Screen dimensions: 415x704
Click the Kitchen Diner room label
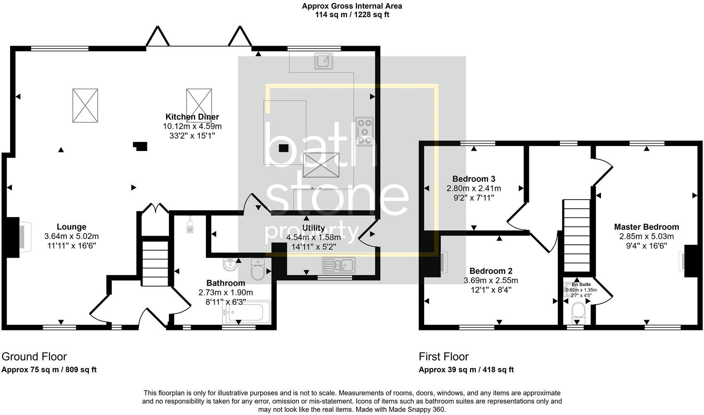[192, 117]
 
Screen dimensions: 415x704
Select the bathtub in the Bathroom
[247, 312]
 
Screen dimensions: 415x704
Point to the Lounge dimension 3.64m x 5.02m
[71, 237]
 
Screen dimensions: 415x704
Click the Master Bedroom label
[646, 227]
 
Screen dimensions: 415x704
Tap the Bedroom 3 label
[474, 179]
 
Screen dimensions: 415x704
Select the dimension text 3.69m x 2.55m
[491, 281]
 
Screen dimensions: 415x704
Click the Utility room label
[313, 228]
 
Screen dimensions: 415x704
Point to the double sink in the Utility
[338, 264]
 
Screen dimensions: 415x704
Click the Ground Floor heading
[34, 356]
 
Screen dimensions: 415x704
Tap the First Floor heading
[443, 356]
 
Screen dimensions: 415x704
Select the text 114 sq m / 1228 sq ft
[352, 15]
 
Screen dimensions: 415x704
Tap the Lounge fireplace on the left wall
[19, 236]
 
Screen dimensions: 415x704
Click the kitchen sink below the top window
[323, 61]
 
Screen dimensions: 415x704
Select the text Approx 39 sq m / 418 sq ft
[466, 370]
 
